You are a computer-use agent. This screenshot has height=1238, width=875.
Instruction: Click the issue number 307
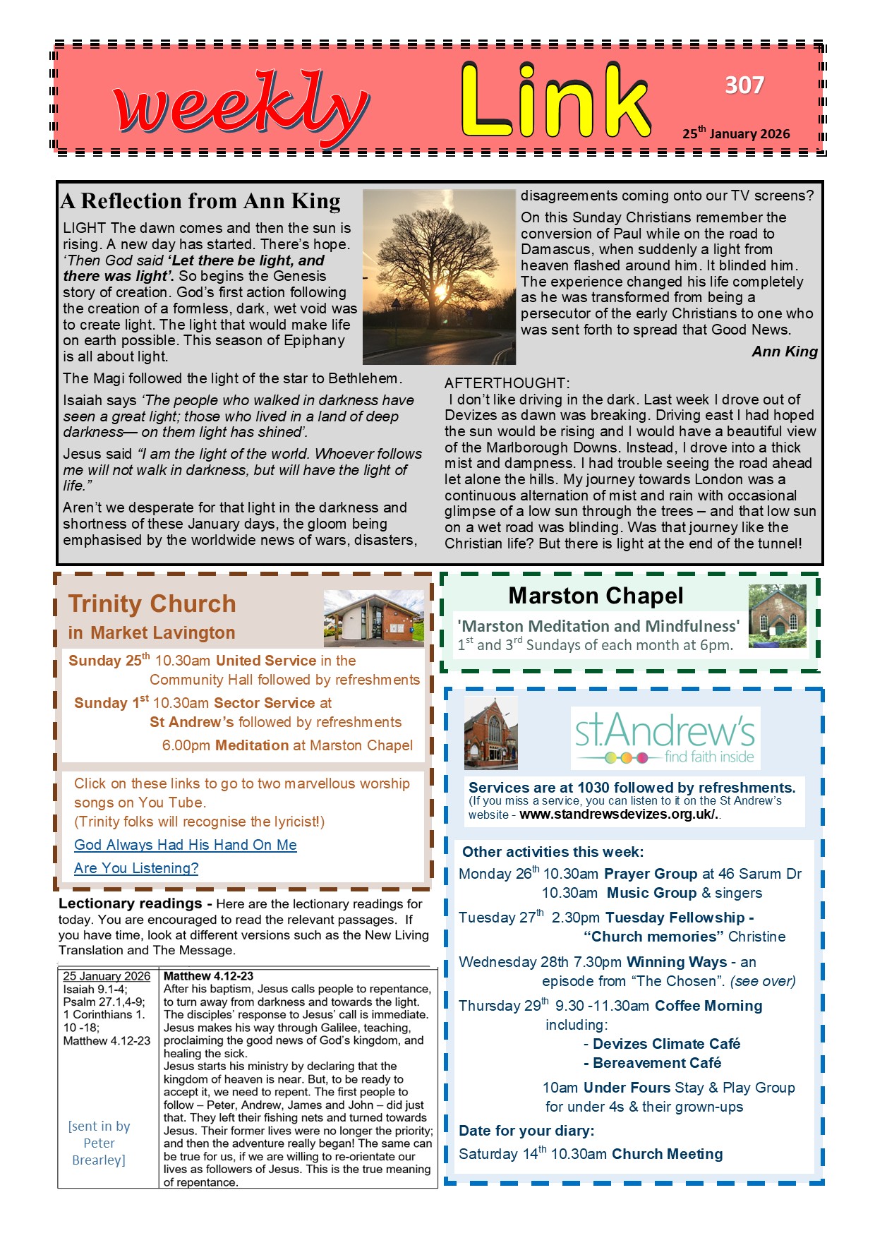click(744, 85)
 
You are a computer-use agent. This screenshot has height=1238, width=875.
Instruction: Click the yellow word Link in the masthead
click(555, 101)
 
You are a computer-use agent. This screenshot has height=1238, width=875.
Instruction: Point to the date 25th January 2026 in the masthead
click(736, 133)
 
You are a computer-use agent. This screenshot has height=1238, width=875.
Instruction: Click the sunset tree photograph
click(439, 277)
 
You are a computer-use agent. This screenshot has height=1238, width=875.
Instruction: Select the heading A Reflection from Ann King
click(201, 201)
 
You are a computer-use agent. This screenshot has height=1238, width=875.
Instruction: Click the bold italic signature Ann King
click(785, 351)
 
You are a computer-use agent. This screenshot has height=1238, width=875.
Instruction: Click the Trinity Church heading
click(152, 604)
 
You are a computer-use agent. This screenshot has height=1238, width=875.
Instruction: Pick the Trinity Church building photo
click(373, 619)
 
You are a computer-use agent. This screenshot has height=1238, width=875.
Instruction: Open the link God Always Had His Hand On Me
click(186, 845)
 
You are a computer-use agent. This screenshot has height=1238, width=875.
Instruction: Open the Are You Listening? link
click(136, 868)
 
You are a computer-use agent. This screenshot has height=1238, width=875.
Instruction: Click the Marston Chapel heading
click(596, 596)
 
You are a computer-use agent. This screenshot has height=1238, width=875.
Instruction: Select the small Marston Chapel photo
click(777, 616)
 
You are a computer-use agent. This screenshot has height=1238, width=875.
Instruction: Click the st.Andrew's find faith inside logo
click(665, 738)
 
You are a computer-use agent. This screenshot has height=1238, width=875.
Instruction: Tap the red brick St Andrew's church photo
click(491, 733)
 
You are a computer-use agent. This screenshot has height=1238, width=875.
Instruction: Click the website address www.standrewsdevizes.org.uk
click(618, 814)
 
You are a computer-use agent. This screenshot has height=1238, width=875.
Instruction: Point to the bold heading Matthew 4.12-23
click(208, 976)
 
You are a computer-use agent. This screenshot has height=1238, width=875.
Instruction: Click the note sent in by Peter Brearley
click(99, 1143)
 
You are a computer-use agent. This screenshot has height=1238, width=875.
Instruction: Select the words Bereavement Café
click(656, 1063)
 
